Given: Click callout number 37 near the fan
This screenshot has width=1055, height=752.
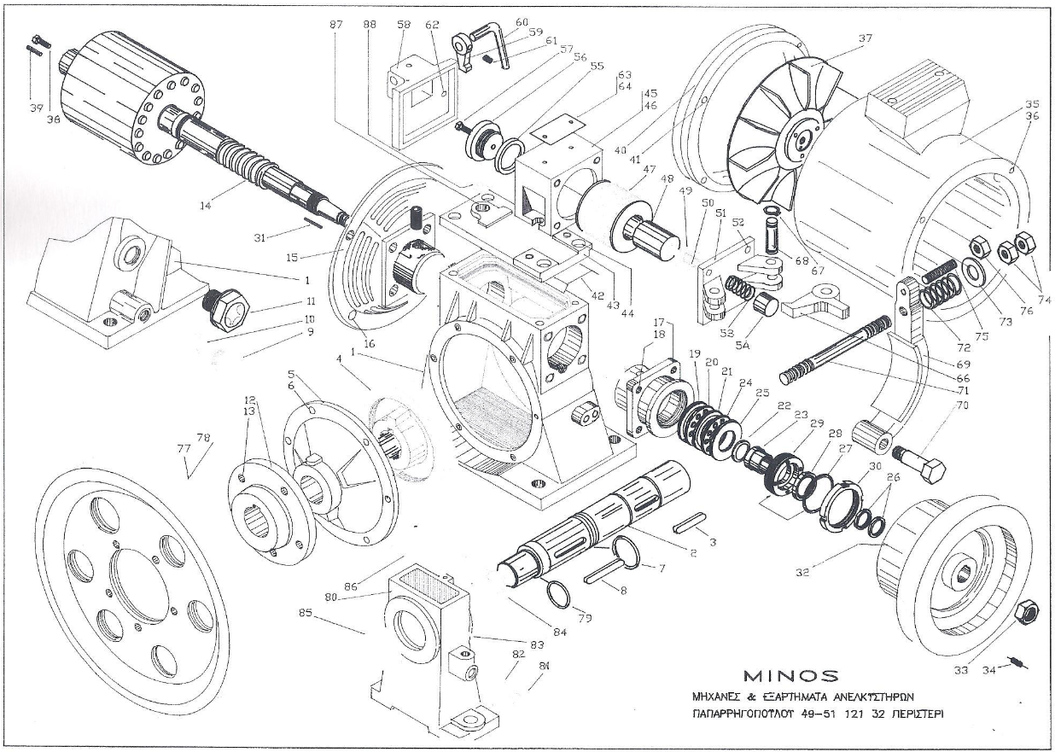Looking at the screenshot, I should (x=866, y=38).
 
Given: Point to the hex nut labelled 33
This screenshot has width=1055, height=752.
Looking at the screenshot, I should (x=1028, y=611).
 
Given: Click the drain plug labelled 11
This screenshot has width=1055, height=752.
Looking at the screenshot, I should (x=224, y=302).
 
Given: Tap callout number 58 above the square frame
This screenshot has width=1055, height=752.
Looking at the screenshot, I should (x=402, y=26).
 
